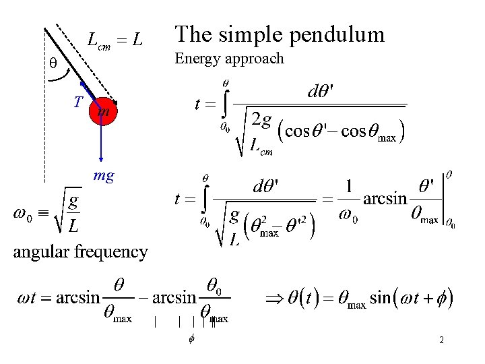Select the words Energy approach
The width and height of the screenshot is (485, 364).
pyautogui.click(x=229, y=59)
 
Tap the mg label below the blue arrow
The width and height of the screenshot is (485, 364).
pyautogui.click(x=104, y=177)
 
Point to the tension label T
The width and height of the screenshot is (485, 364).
pyautogui.click(x=78, y=102)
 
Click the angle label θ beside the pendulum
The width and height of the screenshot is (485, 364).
pyautogui.click(x=53, y=64)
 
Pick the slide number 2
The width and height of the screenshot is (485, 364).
pyautogui.click(x=441, y=340)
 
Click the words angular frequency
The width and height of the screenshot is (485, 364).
pyautogui.click(x=81, y=252)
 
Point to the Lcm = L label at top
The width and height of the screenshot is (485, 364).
pyautogui.click(x=115, y=41)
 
